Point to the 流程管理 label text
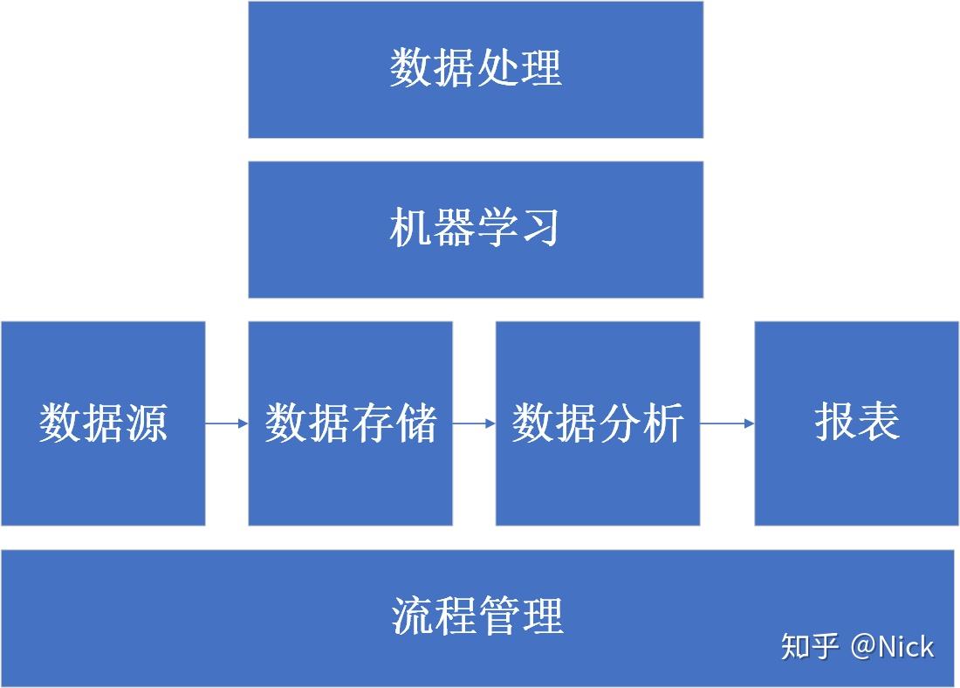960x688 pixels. click(x=477, y=615)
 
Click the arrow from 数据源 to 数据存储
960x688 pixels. click(x=227, y=424)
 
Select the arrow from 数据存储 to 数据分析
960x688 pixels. click(x=474, y=424)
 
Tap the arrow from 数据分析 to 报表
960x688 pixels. click(x=727, y=424)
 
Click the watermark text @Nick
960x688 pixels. click(x=891, y=647)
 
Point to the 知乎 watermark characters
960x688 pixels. click(x=810, y=647)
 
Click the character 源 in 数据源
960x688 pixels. click(x=146, y=423)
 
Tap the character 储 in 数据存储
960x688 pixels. click(x=415, y=423)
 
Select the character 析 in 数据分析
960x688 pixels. click(x=662, y=423)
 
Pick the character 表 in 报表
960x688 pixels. click(x=878, y=421)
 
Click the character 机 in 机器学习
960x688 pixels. click(x=410, y=228)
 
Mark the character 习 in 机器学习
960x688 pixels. click(x=540, y=228)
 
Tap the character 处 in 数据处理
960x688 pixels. click(x=497, y=67)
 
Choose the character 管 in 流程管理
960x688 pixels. click(x=498, y=615)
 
